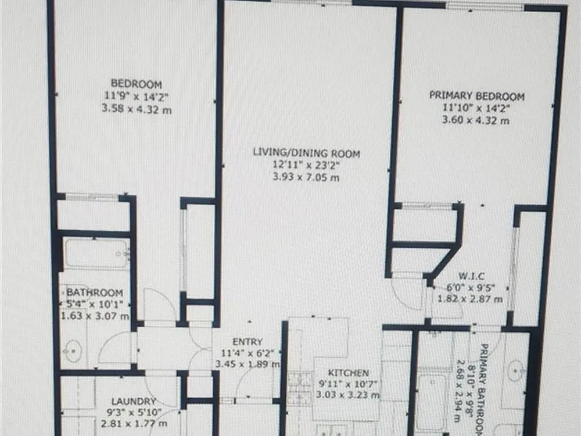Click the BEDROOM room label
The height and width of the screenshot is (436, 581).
[137, 84]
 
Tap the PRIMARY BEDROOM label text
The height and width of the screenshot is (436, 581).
[477, 96]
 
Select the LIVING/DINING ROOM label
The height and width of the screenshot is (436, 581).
[306, 153]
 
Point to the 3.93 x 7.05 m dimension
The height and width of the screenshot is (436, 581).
[306, 177]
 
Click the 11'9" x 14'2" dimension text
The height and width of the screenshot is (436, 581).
[137, 97]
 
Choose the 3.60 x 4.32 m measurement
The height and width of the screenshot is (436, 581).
[476, 120]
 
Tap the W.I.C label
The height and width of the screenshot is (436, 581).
[471, 276]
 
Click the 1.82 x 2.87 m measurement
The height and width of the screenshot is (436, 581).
[470, 299]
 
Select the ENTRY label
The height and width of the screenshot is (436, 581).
[248, 341]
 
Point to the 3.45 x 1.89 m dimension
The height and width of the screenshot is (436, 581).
[248, 364]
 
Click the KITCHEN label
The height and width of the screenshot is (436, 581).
[348, 373]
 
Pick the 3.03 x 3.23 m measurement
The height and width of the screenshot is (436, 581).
[347, 395]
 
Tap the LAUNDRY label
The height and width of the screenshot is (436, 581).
[134, 401]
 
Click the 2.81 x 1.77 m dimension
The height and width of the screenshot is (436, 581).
[134, 423]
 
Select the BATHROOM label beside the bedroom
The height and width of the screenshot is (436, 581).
[95, 292]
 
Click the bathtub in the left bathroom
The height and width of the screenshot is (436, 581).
[96, 254]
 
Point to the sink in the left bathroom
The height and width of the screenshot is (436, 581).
[73, 351]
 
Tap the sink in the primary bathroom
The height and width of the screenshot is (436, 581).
[516, 370]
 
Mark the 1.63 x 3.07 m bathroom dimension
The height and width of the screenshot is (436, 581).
[95, 316]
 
